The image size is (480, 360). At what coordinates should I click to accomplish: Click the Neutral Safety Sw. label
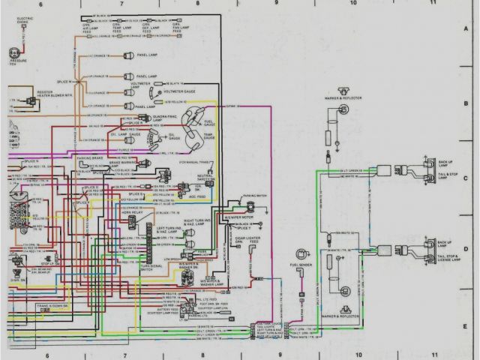click(x=207, y=178)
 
